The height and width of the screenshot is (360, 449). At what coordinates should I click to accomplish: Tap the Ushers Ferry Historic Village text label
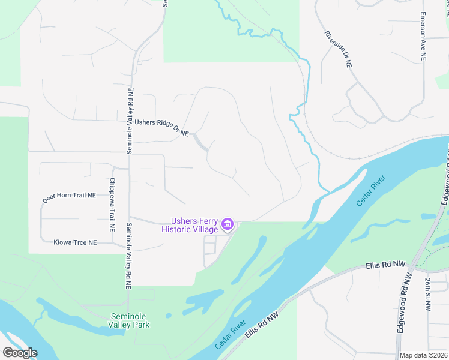pyautogui.click(x=190, y=225)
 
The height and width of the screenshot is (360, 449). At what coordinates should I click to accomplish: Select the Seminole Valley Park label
pyautogui.click(x=130, y=320)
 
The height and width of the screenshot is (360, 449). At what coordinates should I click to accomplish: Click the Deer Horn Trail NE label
pyautogui.click(x=70, y=196)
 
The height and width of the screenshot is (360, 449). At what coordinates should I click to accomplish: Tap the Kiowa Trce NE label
pyautogui.click(x=75, y=242)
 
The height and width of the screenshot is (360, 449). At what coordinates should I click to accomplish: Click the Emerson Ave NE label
pyautogui.click(x=423, y=37)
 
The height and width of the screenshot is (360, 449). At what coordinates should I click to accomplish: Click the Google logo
pyautogui.click(x=20, y=353)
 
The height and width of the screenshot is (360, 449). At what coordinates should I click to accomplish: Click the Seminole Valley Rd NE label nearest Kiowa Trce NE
pyautogui.click(x=128, y=256)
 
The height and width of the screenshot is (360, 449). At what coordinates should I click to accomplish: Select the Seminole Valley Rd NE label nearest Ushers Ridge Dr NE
pyautogui.click(x=130, y=121)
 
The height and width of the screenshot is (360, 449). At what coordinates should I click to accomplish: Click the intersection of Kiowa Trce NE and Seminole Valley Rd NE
pyautogui.click(x=128, y=244)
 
